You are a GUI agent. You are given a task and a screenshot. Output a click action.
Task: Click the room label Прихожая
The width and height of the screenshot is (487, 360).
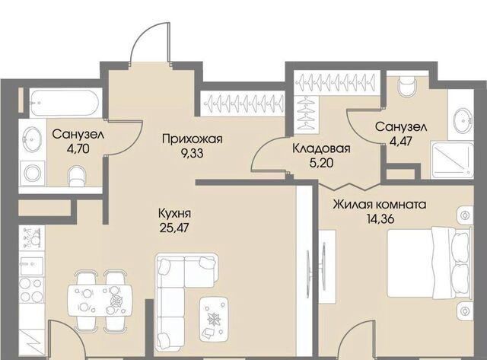193,139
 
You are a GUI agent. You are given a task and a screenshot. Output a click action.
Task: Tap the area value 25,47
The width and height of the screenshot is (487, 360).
174,228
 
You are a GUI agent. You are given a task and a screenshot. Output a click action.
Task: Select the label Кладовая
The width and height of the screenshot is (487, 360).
321,148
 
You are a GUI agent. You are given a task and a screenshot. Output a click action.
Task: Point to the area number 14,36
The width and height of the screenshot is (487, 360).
380,219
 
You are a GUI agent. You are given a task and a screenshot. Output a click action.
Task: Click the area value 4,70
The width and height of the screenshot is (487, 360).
78,148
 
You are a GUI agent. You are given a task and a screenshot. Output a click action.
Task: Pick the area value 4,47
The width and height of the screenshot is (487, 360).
401,142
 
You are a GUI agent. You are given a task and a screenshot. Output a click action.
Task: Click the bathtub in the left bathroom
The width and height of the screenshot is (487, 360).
64,103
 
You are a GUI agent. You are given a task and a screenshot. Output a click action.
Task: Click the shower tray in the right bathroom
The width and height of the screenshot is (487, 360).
452,161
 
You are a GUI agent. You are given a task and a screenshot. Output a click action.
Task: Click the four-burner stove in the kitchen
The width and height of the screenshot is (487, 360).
31,290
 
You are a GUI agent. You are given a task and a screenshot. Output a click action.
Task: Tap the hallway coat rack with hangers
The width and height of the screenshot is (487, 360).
242,102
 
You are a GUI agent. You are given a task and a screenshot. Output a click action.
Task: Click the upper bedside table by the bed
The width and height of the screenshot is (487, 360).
465,215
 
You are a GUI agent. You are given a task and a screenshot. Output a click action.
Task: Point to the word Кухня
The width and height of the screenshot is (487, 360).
174,214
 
